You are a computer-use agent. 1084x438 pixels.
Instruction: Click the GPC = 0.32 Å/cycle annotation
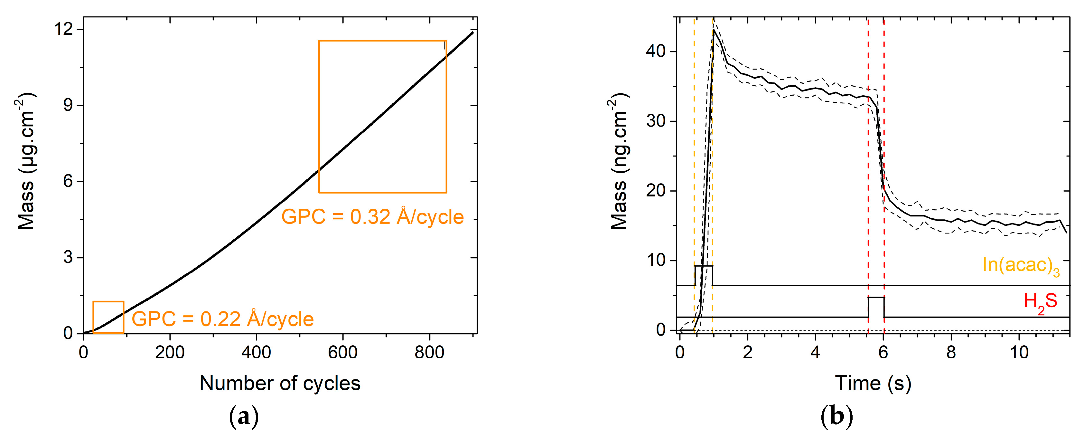[x=372, y=217]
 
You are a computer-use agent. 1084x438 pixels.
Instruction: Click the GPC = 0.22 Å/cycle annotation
[x=223, y=319]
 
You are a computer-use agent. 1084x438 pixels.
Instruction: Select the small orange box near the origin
[x=108, y=317]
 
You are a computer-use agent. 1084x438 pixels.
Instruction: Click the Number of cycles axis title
[x=280, y=383]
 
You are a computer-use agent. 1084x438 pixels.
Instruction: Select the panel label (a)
[x=243, y=417]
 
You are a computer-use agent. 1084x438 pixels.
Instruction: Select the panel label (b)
[x=836, y=417]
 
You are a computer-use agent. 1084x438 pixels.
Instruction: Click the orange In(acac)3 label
[x=1021, y=265]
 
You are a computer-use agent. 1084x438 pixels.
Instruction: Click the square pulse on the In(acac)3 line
[x=704, y=275]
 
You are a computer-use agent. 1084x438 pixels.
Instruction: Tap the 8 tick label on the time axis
[x=951, y=352]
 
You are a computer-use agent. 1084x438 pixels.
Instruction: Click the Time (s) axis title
[x=873, y=383]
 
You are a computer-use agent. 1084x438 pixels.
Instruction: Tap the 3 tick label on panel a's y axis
[x=68, y=257]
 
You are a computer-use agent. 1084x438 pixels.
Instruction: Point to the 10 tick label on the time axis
[x=1019, y=352]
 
